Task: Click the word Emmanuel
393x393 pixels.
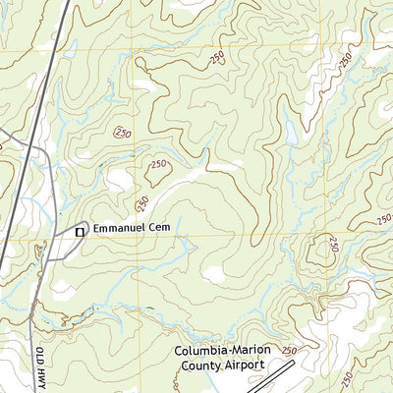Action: pos(124,228)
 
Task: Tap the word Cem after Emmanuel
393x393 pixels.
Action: pos(172,228)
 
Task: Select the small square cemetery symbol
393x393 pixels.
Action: pos(81,231)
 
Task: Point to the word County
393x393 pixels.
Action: pos(203,365)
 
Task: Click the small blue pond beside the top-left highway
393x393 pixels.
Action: pos(70,48)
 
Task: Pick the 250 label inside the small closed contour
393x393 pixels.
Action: pos(158,169)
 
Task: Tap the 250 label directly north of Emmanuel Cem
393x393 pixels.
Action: pos(142,203)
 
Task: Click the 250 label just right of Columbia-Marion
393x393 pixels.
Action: pos(289,351)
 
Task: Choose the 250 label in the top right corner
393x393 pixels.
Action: pos(346,58)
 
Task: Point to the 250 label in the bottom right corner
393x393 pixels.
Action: pos(346,378)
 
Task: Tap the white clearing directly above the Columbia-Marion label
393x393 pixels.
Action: pos(214,275)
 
